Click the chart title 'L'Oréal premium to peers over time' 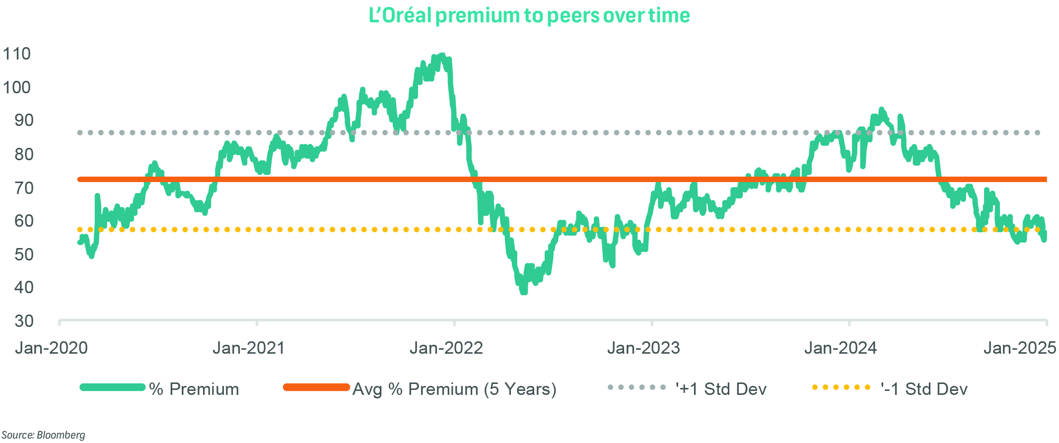coord(529,16)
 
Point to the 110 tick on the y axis coord(17,54)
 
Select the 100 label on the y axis coord(17,87)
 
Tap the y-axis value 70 coord(24,188)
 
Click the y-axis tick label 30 coord(24,321)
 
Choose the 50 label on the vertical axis coord(24,254)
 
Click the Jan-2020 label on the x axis coord(51,348)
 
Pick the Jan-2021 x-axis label coord(249,348)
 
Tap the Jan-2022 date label coord(446,348)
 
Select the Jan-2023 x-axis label coord(643,348)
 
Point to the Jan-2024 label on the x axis coord(841,348)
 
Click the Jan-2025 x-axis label coord(1020,348)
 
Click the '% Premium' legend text coord(194,389)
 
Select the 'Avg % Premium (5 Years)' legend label coord(454,389)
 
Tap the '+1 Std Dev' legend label coord(721,389)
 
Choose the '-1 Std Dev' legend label coord(924,389)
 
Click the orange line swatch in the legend coord(316,387)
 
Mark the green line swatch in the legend coord(113,387)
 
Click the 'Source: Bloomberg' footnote coord(44,435)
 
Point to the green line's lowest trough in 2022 coord(524,292)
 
